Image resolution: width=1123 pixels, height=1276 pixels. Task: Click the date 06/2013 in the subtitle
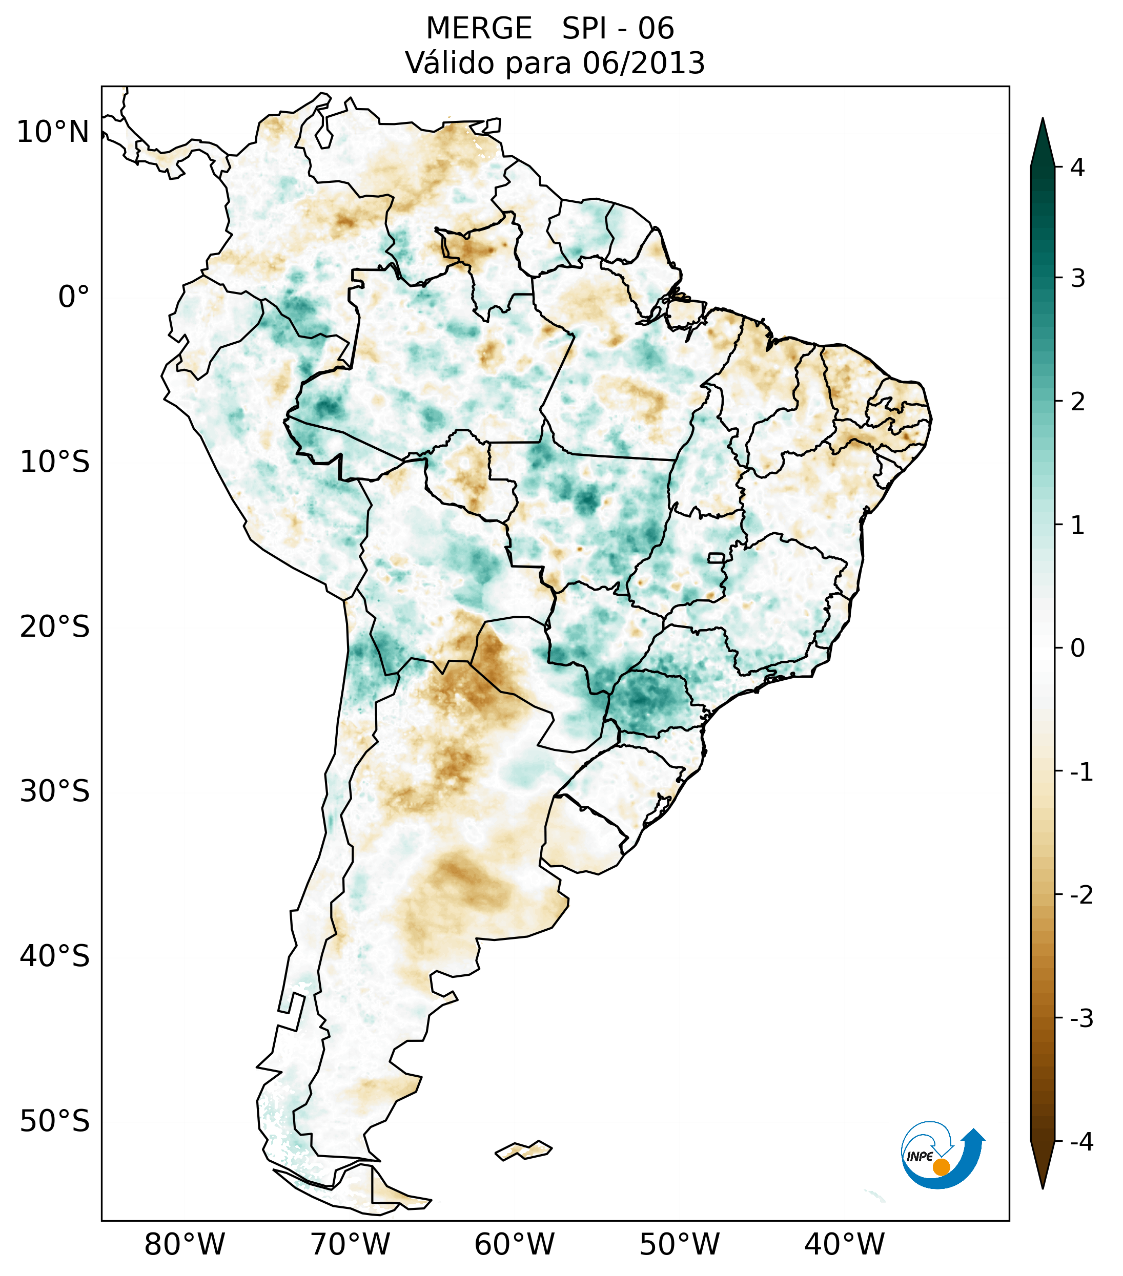(644, 63)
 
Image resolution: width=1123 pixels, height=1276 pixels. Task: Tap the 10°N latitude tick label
(53, 132)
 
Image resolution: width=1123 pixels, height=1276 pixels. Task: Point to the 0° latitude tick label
(74, 297)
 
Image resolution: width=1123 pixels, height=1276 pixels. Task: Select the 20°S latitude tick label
(55, 627)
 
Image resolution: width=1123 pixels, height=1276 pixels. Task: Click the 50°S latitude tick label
(55, 1122)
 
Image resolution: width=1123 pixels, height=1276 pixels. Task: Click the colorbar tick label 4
(1077, 168)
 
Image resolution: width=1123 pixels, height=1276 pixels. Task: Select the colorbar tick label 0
(1077, 649)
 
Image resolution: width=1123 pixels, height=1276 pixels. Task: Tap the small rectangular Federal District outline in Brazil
(716, 557)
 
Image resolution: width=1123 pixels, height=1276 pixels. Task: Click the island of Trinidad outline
(493, 125)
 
